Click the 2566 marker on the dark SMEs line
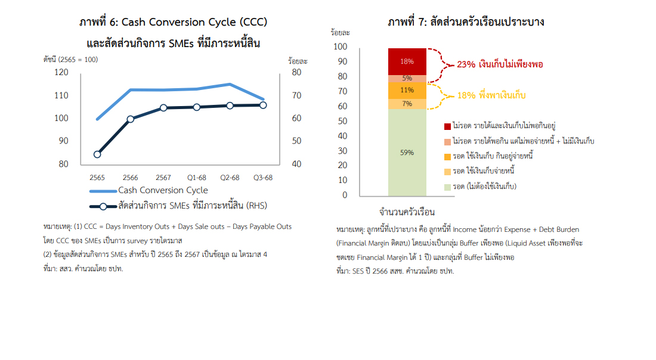(x=130, y=119)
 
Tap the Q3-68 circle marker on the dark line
(x=263, y=105)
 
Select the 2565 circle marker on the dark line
(x=97, y=154)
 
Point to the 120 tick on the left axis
(x=61, y=72)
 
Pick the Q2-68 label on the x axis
(x=230, y=178)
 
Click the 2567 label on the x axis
(x=163, y=178)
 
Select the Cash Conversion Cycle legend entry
(x=163, y=190)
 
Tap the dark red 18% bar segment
(x=407, y=61)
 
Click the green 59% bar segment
(x=407, y=153)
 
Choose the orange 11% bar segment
(x=407, y=90)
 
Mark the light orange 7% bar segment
(x=407, y=104)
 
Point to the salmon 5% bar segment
(x=407, y=78)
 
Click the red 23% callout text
(x=499, y=64)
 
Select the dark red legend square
(x=447, y=126)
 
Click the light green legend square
(x=447, y=187)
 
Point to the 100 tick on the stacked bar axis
(x=341, y=46)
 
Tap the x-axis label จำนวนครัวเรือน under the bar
(x=407, y=212)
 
